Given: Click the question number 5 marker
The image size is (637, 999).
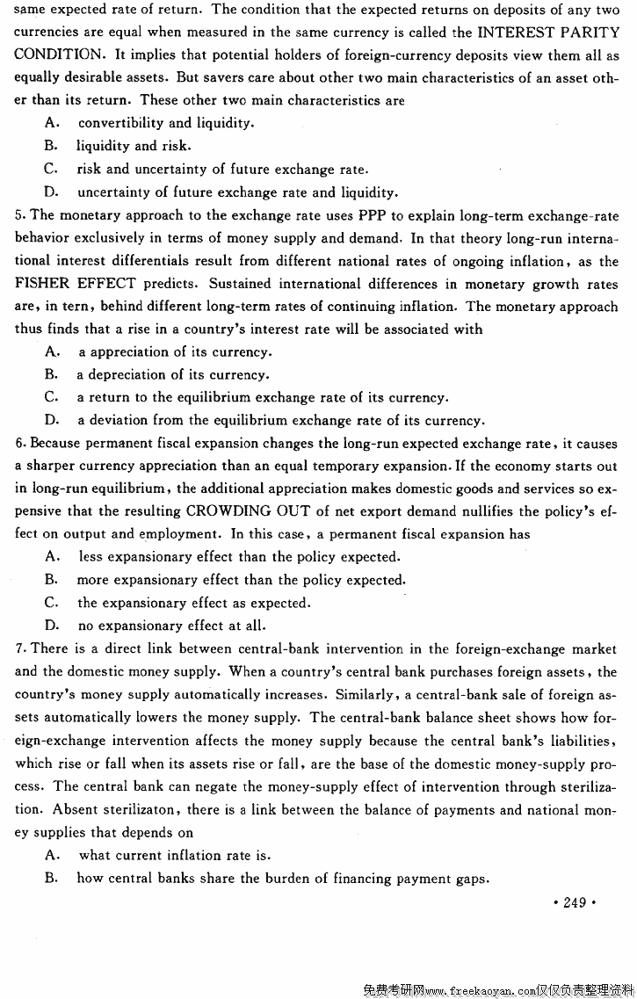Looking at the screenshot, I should click(x=19, y=215).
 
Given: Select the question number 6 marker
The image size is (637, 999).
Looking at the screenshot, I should click(x=19, y=443).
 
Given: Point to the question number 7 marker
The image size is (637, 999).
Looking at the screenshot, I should click(x=19, y=648).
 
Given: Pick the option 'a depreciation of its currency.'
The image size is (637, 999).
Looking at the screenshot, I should click(x=173, y=374).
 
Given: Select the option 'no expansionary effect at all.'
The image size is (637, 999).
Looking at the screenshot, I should click(x=171, y=626).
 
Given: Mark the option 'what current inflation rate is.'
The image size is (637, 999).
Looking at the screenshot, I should click(x=175, y=855).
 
